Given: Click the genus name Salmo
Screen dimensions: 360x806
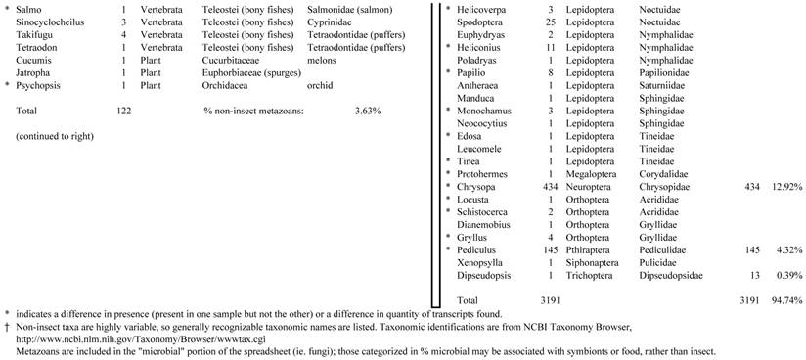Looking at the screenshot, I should coord(30,9).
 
